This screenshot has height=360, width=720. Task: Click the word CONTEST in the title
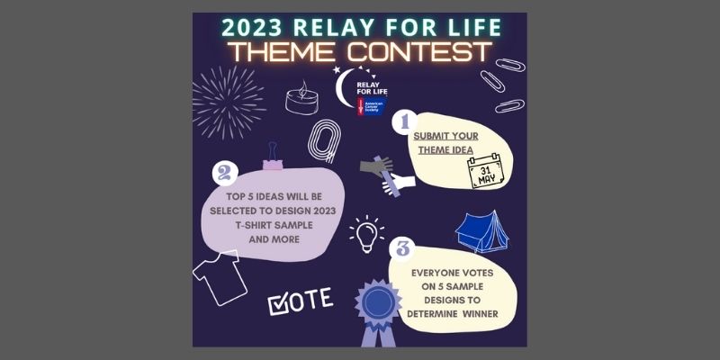[x=419, y=51]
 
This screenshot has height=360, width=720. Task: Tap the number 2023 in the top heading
[x=252, y=28]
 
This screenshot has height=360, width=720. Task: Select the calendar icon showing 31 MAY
[x=485, y=171]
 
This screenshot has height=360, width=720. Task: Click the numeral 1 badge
[x=404, y=122]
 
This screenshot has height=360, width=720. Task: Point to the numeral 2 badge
[x=225, y=173]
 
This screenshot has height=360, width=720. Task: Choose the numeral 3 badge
[x=402, y=249]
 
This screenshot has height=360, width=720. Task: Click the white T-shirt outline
[x=220, y=277]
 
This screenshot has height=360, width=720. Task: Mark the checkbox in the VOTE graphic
[x=278, y=305]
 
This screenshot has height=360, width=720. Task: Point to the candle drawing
[x=301, y=98]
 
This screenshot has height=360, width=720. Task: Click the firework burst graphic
[x=229, y=102]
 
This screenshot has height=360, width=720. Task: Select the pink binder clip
[x=273, y=157]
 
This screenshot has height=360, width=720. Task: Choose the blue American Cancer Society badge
[x=372, y=106]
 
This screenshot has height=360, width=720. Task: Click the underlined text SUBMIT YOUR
[x=445, y=137]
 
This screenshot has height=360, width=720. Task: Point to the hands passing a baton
[x=388, y=175]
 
